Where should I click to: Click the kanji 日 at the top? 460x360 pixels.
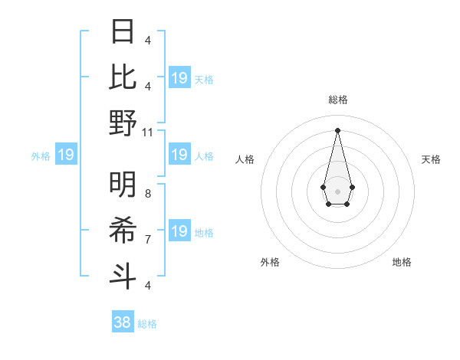(123, 33)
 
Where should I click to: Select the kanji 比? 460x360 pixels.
(123, 77)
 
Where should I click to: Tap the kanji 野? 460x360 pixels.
(123, 123)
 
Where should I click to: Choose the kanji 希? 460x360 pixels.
(123, 229)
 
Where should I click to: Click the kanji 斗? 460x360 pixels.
(123, 274)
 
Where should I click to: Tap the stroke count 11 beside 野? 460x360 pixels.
(148, 132)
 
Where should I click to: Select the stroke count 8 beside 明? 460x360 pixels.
(148, 194)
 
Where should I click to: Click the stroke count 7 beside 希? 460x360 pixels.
(148, 239)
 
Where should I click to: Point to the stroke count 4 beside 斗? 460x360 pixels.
(148, 285)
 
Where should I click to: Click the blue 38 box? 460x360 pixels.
(123, 322)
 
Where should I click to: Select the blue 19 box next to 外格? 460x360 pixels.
(65, 155)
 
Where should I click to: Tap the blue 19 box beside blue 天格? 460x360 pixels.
(179, 78)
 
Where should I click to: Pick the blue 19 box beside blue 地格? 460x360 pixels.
(179, 231)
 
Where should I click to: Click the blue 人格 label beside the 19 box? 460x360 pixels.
(204, 156)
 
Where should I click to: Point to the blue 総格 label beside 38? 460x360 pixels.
(147, 324)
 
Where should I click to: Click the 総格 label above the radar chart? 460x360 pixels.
(338, 100)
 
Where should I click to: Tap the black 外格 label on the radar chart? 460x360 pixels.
(270, 262)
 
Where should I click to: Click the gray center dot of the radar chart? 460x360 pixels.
(337, 190)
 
